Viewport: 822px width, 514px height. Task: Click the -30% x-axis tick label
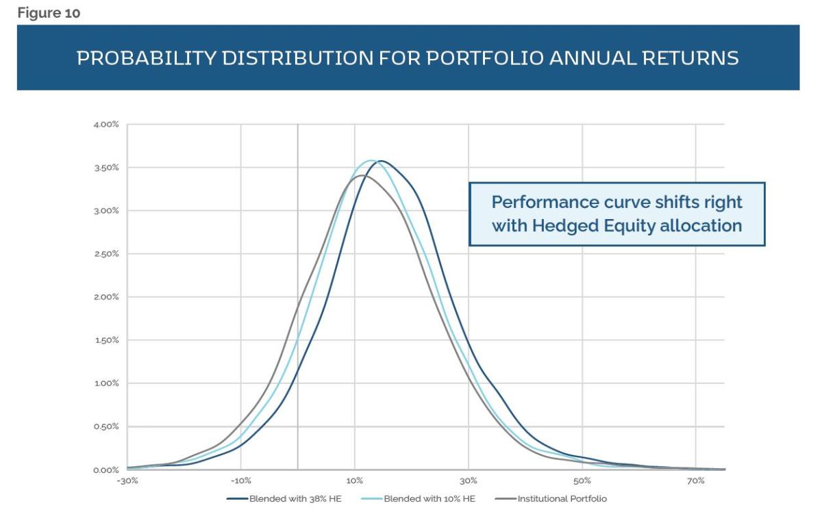pyautogui.click(x=128, y=481)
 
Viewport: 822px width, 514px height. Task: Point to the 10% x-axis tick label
pyautogui.click(x=355, y=481)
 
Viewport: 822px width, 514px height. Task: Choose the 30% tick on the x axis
pyautogui.click(x=469, y=481)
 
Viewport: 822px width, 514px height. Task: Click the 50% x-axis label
pyautogui.click(x=582, y=481)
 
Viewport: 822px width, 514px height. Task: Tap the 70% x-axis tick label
pyautogui.click(x=696, y=481)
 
